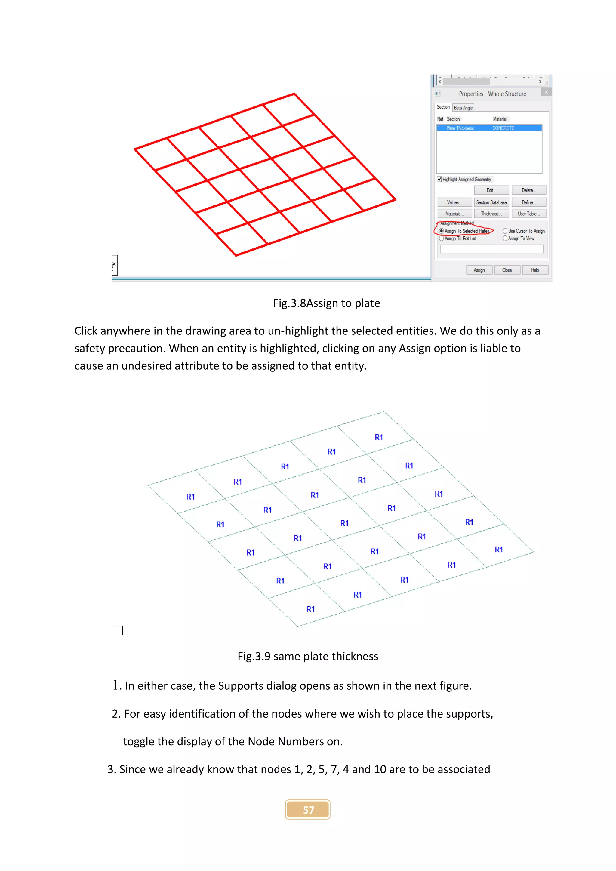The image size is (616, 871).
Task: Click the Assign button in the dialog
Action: coord(479,270)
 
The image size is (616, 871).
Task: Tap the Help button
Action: coord(535,270)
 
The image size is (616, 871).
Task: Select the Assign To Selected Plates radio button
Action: coord(441,231)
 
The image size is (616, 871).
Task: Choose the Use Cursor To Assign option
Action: coord(505,231)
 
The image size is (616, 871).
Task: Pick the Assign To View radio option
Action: coord(505,239)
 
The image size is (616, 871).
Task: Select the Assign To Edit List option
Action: coord(441,239)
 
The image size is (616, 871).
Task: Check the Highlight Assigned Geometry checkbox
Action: coord(439,180)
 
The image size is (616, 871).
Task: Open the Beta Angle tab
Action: coord(463,108)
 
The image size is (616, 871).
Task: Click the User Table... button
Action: coord(529,214)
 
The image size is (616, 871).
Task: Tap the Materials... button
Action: coord(454,214)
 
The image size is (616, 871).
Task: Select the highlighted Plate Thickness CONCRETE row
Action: coord(489,128)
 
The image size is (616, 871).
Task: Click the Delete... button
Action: coord(529,190)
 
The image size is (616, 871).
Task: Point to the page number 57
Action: coord(308,810)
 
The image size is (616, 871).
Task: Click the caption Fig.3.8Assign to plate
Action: coord(326,303)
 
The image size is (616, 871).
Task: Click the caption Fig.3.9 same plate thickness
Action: coord(308,656)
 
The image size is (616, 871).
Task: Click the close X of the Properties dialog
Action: coord(546,92)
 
